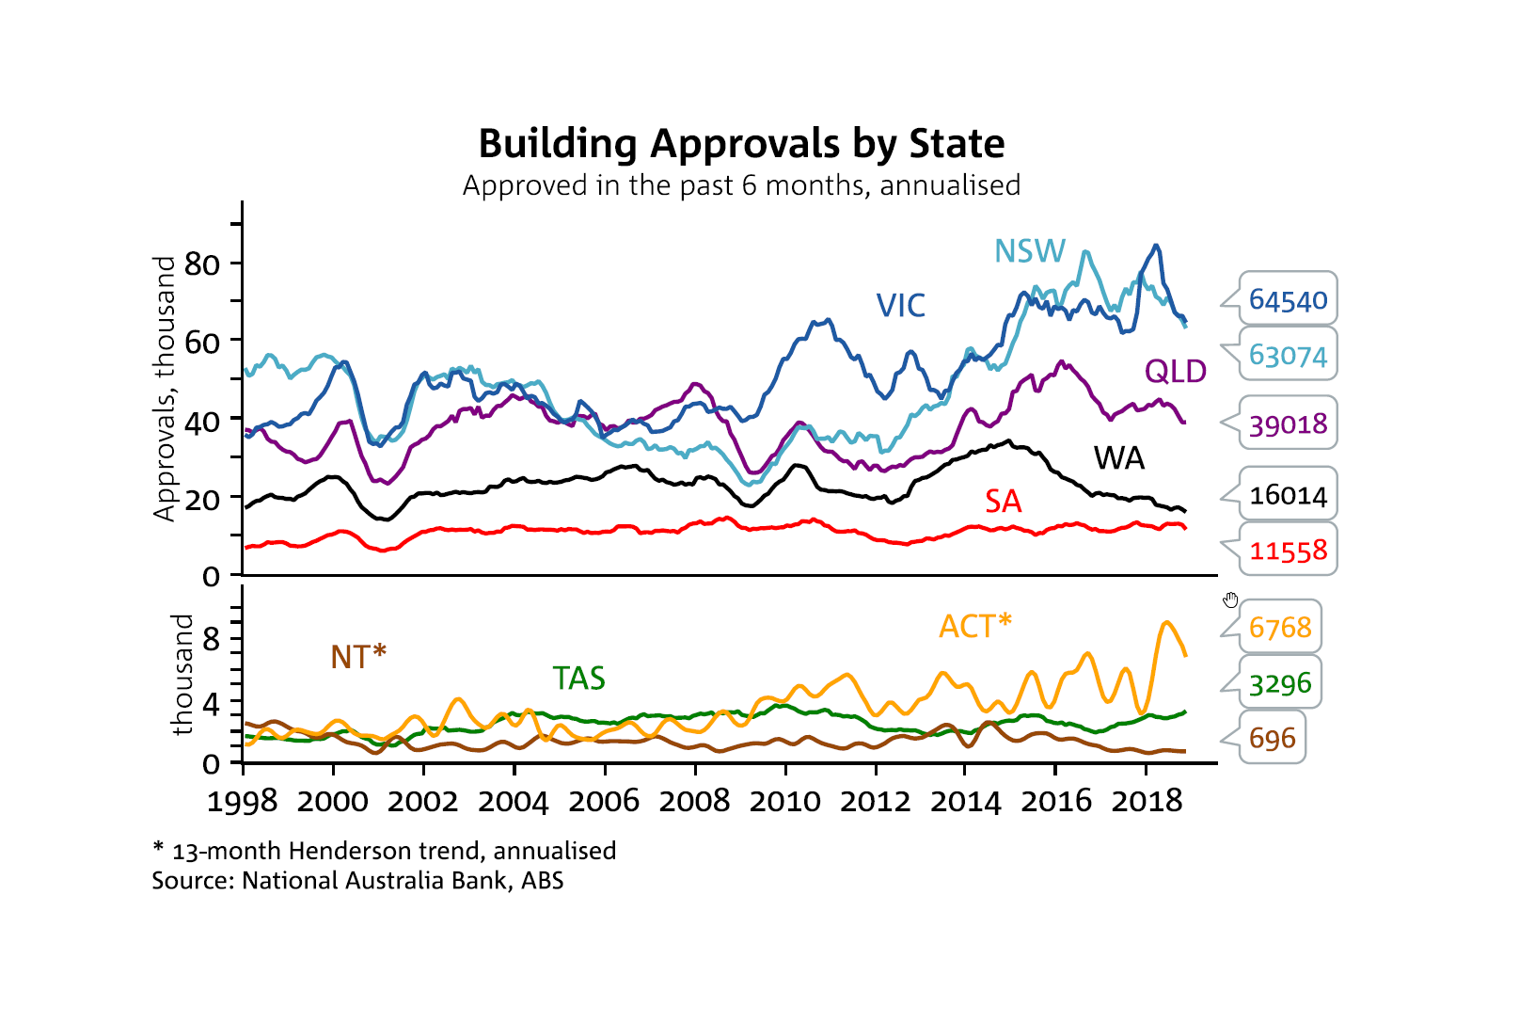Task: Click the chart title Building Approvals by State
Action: pos(741,144)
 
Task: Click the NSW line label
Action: pos(1030,251)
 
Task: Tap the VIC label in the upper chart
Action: pos(900,305)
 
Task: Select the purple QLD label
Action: pos(1175,371)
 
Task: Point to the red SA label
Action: pos(1003,501)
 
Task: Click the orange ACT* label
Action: pos(974,626)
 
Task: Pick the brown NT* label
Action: pos(357,656)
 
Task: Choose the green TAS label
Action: pos(578,678)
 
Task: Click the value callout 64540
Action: pos(1288,300)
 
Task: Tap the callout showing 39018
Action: pos(1288,424)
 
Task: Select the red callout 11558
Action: pos(1288,551)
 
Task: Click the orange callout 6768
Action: pos(1279,627)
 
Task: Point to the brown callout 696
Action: pos(1272,739)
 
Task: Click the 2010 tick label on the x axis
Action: pos(784,801)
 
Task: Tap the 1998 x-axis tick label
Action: pos(243,801)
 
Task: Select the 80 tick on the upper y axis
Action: pos(202,264)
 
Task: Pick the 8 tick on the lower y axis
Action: pos(211,639)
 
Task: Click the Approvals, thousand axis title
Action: pos(165,388)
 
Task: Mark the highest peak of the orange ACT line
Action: pos(1166,622)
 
